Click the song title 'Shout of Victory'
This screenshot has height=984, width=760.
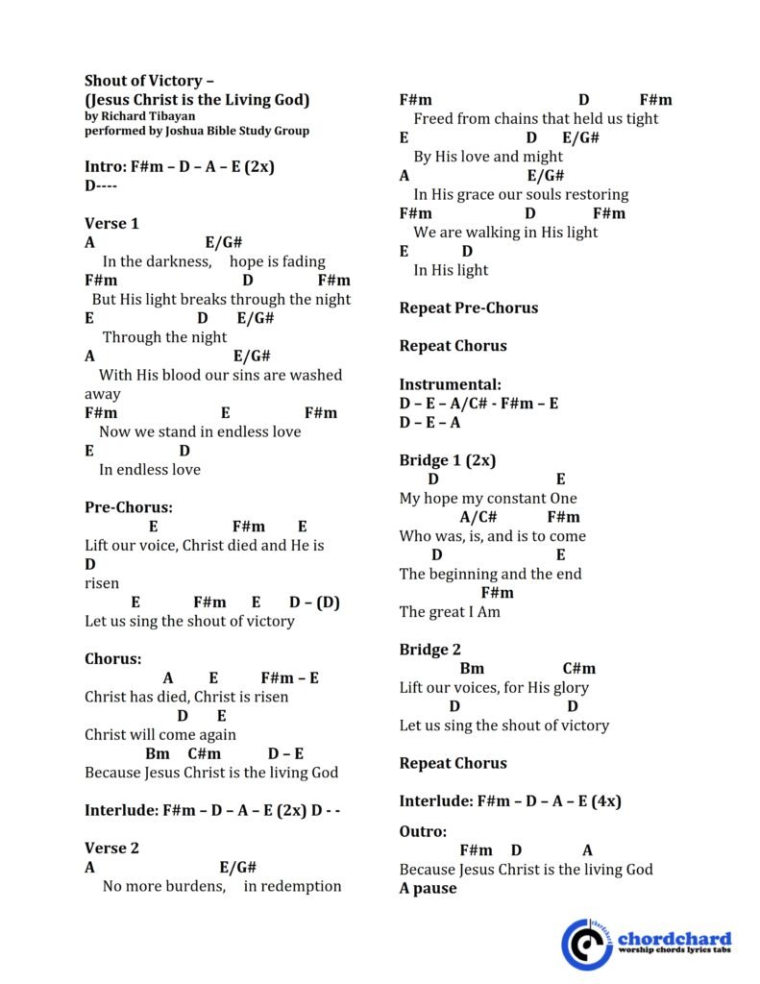143,81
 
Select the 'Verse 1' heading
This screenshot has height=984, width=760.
111,224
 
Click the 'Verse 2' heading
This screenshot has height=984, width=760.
111,849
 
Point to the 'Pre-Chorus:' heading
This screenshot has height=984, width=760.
129,507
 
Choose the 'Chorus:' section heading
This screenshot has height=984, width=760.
112,659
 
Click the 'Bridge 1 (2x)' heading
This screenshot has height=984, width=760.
448,460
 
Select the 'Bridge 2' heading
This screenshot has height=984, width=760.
429,650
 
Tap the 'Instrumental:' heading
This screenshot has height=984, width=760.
450,384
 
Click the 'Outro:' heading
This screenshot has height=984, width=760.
423,831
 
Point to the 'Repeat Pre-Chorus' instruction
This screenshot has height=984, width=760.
468,308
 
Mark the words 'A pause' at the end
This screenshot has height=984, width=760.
428,889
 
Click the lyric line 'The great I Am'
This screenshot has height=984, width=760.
450,612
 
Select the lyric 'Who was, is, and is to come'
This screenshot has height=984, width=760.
492,536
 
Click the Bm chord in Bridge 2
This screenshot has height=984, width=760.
472,669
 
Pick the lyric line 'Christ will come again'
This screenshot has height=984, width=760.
160,735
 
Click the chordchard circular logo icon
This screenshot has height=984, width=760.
586,944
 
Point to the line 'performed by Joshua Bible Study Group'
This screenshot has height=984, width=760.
197,131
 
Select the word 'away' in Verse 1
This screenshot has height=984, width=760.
103,394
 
